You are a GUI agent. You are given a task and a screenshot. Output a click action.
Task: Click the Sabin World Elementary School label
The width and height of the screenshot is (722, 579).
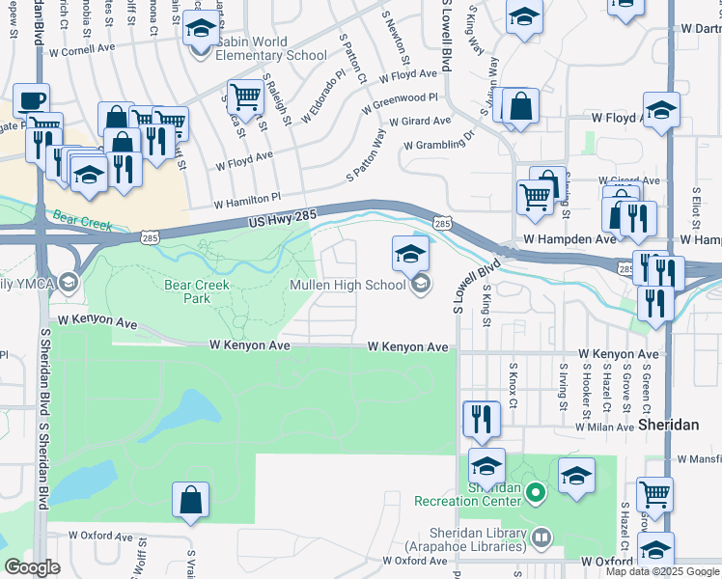pyautogui.click(x=271, y=49)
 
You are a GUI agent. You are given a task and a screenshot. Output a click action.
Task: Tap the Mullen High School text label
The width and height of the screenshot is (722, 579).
pyautogui.click(x=347, y=285)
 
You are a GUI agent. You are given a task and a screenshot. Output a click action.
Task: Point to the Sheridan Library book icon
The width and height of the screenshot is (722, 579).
pyautogui.click(x=542, y=537)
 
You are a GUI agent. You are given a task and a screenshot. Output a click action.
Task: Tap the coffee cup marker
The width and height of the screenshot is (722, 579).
pyautogui.click(x=31, y=100)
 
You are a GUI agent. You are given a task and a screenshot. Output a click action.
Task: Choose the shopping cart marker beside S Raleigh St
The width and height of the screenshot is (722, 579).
pyautogui.click(x=245, y=96)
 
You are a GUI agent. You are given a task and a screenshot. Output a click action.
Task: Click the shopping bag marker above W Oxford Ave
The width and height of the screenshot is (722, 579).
pyautogui.click(x=190, y=500)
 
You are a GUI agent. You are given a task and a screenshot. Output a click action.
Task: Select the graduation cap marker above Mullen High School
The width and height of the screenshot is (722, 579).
pyautogui.click(x=410, y=254)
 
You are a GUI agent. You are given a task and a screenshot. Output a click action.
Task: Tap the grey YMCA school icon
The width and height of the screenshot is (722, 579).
pyautogui.click(x=68, y=283)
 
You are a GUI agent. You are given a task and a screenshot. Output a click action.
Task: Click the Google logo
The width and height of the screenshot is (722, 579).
pyautogui.click(x=32, y=567)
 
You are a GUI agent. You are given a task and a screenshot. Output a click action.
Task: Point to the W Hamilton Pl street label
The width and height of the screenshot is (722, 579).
pyautogui.click(x=246, y=204)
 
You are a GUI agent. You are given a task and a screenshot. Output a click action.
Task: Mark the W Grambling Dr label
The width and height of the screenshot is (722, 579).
pyautogui.click(x=439, y=145)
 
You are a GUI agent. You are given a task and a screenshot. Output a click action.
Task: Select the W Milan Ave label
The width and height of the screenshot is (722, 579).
pyautogui.click(x=603, y=426)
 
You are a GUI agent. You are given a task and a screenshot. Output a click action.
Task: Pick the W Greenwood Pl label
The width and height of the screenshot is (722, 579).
pyautogui.click(x=400, y=104)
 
